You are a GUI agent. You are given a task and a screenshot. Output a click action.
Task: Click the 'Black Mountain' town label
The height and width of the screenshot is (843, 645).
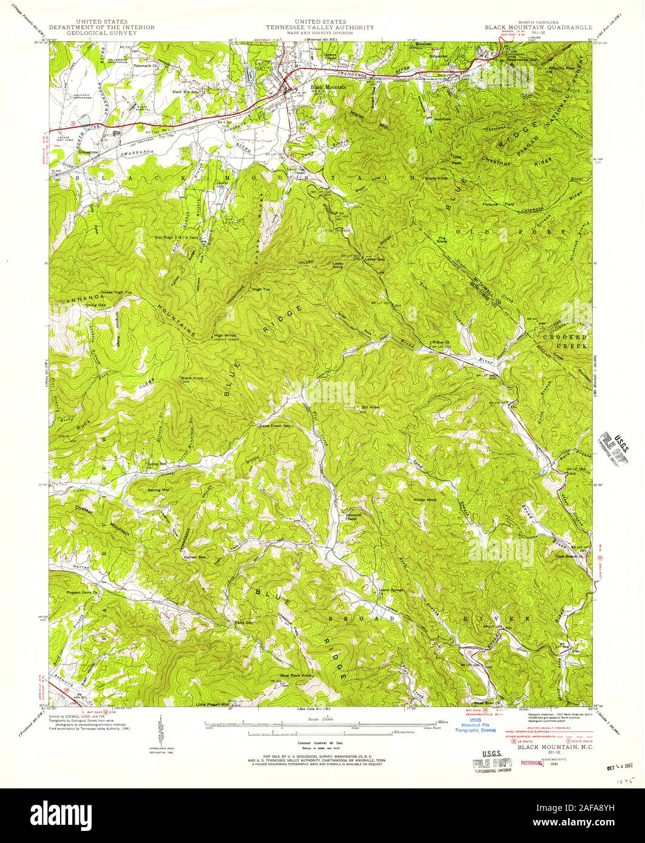328,87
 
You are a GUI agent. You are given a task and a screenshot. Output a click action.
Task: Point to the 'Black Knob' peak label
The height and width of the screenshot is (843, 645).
191,378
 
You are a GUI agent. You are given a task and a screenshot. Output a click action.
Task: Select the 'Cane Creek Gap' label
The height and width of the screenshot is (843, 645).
275,426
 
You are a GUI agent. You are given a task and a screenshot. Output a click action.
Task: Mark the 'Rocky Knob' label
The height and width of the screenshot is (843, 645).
425,500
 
